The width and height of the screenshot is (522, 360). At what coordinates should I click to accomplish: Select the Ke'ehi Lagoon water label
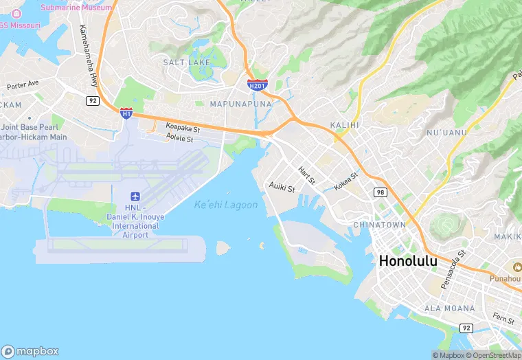click(x=226, y=205)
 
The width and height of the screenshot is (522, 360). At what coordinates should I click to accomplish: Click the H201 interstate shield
click(x=256, y=84)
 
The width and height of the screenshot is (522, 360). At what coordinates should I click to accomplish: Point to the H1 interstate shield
click(x=126, y=112)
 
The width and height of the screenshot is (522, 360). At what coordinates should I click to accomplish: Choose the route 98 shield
click(x=380, y=192)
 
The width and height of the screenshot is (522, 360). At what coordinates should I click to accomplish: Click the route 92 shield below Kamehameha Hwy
click(x=92, y=100)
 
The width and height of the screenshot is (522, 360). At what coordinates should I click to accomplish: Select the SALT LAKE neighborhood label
click(x=186, y=63)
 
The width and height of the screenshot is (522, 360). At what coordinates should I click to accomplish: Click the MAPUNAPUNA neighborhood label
click(x=240, y=104)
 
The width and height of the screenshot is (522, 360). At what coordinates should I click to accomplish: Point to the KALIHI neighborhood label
click(x=345, y=125)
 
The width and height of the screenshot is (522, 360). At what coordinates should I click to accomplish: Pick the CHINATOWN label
click(x=379, y=225)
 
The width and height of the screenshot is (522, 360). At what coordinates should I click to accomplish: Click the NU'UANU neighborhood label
click(x=446, y=132)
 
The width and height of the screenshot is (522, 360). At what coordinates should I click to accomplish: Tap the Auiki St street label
click(x=282, y=187)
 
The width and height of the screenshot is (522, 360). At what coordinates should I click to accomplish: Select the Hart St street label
click(x=307, y=175)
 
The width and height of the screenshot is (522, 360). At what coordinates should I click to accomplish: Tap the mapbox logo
click(x=31, y=351)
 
